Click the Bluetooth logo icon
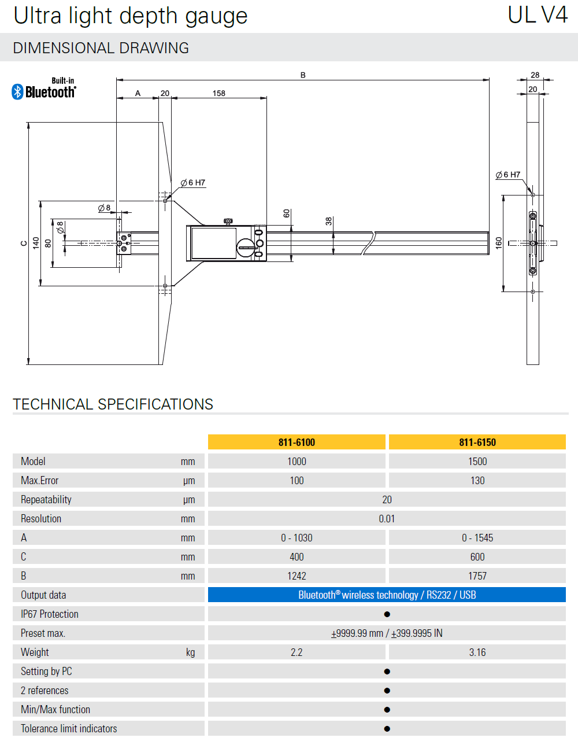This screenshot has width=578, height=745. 17,91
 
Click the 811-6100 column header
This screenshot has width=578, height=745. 297,442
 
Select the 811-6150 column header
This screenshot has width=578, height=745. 477,442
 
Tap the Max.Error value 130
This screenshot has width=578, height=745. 477,481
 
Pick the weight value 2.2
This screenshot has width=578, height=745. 297,652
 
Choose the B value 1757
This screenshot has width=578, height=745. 477,576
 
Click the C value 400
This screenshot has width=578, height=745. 297,557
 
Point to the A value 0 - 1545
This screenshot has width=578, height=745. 477,538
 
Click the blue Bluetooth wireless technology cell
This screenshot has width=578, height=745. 387,595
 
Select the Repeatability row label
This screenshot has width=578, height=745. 46,500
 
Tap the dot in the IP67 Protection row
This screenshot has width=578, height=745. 387,614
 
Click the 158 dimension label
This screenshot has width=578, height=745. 218,93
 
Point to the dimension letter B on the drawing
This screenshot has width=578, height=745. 303,75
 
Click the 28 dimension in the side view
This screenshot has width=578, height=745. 535,75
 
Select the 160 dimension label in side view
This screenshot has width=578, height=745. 498,243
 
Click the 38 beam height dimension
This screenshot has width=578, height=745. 329,221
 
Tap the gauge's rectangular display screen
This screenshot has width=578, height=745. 213,243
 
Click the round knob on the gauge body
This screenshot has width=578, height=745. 246,248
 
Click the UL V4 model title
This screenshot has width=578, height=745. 538,16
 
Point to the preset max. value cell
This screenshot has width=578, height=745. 387,633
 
